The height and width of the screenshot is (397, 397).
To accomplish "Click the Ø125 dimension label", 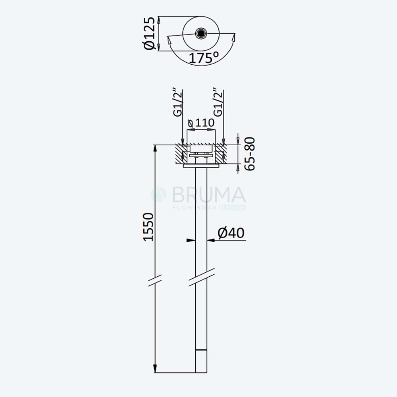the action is point(148,33).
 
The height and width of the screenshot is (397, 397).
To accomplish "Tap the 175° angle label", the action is point(204,58).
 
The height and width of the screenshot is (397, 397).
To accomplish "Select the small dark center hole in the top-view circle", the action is point(201,33).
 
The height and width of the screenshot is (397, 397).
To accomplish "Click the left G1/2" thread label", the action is point(178,102).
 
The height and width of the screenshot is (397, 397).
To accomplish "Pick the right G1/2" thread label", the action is point(218,102).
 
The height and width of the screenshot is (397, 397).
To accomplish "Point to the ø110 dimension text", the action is point(201,123).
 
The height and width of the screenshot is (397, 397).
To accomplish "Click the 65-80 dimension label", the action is point(250,154).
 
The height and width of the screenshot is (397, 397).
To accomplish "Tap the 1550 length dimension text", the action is point(148,227).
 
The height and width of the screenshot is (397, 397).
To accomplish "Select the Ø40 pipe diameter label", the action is point(231,233).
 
